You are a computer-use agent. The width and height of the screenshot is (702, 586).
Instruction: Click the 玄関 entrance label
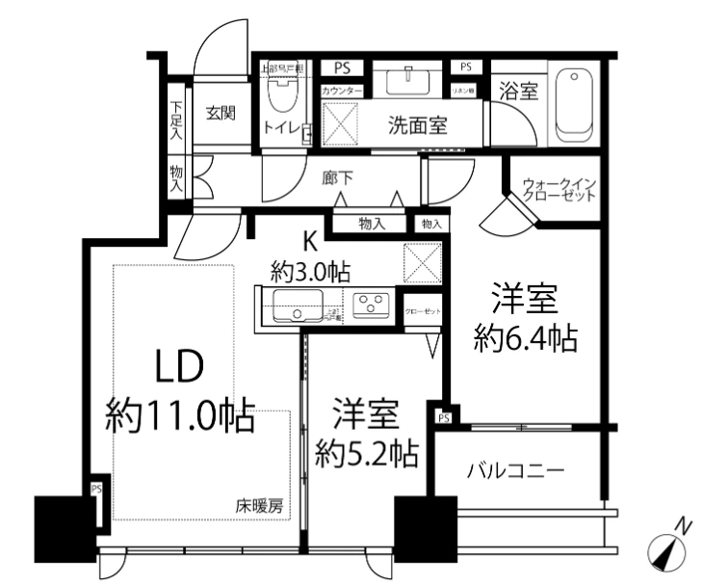[221, 113]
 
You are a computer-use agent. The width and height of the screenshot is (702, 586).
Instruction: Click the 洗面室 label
[417, 125]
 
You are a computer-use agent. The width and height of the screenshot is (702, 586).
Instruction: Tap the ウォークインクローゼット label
[559, 188]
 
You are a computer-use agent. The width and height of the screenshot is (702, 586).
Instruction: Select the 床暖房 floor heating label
[260, 505]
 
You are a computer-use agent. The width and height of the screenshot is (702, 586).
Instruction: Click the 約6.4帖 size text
[526, 339]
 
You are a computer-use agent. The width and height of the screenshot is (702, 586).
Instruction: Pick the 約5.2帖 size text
[367, 451]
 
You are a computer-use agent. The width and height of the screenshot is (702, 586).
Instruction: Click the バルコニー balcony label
[515, 472]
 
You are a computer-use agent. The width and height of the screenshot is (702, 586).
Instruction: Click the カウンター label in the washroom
[342, 91]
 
